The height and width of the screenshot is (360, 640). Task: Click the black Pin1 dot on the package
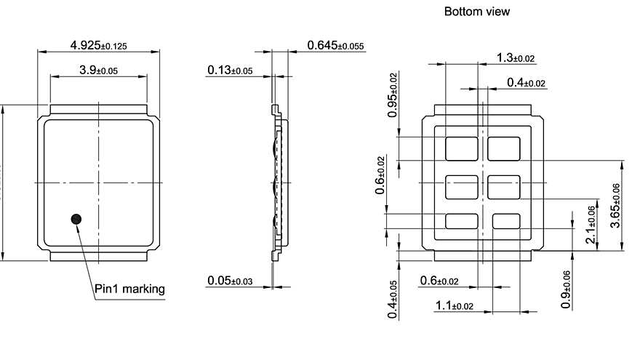pos(76,219)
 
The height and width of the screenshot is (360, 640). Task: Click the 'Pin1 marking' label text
pos(130,289)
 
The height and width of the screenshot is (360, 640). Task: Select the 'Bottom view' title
pos(476,12)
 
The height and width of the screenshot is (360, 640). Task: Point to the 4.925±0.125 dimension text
pos(98,46)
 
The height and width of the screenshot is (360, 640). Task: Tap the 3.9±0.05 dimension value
pos(98,70)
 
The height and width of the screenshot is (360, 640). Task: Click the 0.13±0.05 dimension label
pos(230,70)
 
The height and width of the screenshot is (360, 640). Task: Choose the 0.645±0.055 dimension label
pos(335,46)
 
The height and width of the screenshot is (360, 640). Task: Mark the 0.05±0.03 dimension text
pos(230,280)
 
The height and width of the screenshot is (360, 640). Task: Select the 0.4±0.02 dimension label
pos(526,83)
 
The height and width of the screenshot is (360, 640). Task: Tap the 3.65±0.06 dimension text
pos(615,206)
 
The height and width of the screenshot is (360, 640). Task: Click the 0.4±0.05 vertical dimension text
pos(393,299)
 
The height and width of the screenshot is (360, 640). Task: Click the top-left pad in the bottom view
pos(461,148)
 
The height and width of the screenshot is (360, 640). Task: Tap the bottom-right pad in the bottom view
pos(507,222)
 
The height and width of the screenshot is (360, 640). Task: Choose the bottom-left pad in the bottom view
pos(461,222)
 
